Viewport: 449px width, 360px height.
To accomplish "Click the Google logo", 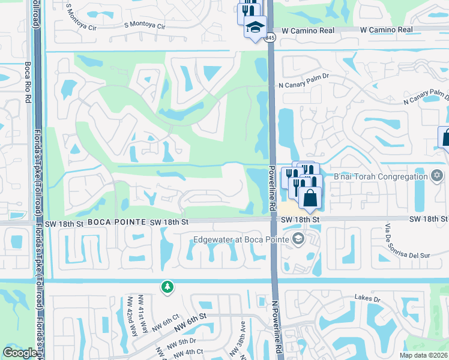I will [19, 353].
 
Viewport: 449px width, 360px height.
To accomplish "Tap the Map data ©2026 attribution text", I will [424, 355].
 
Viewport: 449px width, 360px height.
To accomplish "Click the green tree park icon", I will [167, 288].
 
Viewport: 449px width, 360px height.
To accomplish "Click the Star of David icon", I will [437, 176].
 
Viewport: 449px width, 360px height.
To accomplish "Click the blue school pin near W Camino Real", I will [255, 28].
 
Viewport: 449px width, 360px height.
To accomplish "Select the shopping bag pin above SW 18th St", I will [310, 197].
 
